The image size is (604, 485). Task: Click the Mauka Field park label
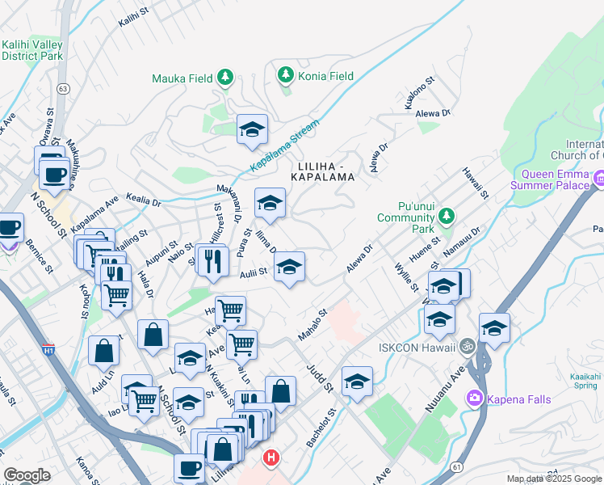coord(183,78)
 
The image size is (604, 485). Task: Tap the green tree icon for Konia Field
coord(285,75)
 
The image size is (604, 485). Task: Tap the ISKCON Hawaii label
coord(417,347)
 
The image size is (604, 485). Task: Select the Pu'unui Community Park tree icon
coord(445,216)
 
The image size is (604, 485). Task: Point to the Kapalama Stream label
coord(284,145)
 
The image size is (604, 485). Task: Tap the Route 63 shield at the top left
coord(63,86)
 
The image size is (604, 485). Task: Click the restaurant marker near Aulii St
coord(212,261)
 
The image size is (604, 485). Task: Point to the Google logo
coord(27,475)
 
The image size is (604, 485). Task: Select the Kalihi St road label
coord(134,17)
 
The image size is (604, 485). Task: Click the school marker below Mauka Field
coord(252,129)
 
